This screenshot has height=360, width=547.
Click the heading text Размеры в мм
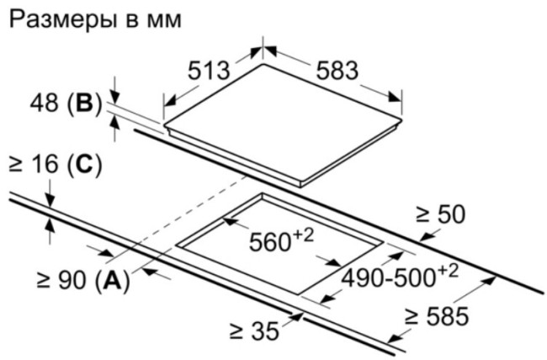click(95, 20)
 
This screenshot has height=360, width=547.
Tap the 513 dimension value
click(209, 71)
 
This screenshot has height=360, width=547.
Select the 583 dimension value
click(337, 71)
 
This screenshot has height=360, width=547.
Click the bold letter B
click(85, 103)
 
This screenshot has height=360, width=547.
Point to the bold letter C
click(85, 164)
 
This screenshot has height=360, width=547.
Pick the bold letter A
click(112, 280)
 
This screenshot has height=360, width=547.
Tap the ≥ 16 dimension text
click(34, 164)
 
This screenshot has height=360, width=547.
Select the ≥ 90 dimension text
click(61, 280)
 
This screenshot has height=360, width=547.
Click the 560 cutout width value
click(269, 242)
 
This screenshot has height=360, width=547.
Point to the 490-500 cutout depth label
click(388, 278)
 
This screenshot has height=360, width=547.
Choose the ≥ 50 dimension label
click(441, 214)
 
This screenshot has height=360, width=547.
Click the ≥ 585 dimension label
click(437, 316)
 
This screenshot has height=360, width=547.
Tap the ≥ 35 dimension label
click(255, 331)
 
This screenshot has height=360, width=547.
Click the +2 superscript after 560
click(303, 236)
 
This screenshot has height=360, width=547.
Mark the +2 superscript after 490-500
click(447, 272)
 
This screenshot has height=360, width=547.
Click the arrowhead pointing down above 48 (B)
click(115, 97)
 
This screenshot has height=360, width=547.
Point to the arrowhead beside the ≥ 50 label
click(428, 237)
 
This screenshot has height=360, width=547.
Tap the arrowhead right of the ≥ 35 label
click(296, 316)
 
